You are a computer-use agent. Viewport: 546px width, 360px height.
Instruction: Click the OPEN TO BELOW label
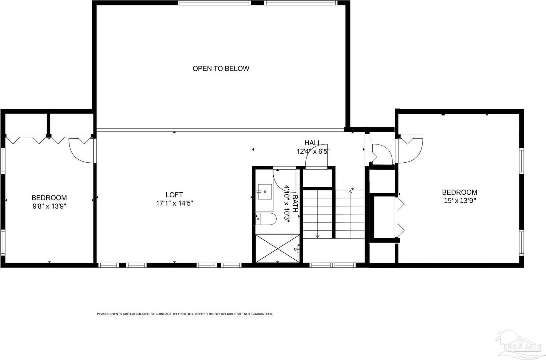(x=221, y=68)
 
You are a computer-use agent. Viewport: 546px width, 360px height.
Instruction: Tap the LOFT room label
(x=174, y=195)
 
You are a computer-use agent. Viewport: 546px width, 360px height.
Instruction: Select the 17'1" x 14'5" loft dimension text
(x=174, y=203)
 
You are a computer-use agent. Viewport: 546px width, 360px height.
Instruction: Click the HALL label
(x=312, y=143)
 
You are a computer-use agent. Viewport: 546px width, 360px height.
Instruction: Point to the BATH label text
(x=295, y=203)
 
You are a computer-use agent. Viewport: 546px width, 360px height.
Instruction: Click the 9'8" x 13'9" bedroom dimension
(x=49, y=206)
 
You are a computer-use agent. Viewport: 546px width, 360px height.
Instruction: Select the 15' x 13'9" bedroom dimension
(x=459, y=201)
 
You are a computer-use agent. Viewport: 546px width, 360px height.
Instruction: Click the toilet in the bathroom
(x=266, y=219)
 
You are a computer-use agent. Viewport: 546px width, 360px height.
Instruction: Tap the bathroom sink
(x=265, y=191)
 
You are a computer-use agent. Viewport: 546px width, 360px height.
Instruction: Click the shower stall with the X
(x=277, y=248)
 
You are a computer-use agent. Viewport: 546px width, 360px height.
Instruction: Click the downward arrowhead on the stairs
(x=317, y=236)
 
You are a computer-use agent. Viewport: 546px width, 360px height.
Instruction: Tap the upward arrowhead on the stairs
(x=350, y=192)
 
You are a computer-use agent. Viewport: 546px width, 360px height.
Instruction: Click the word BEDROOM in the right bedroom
(x=459, y=192)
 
